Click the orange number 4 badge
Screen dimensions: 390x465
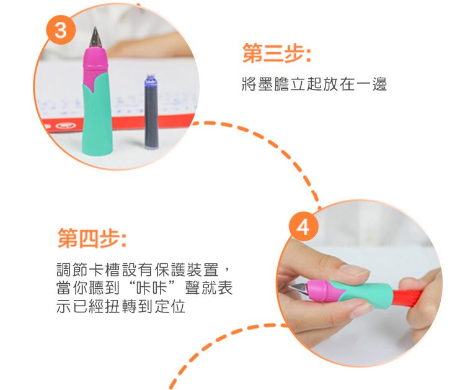point(302,228)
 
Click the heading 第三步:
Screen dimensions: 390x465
point(276,55)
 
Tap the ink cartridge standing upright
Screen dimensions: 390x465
point(151,112)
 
